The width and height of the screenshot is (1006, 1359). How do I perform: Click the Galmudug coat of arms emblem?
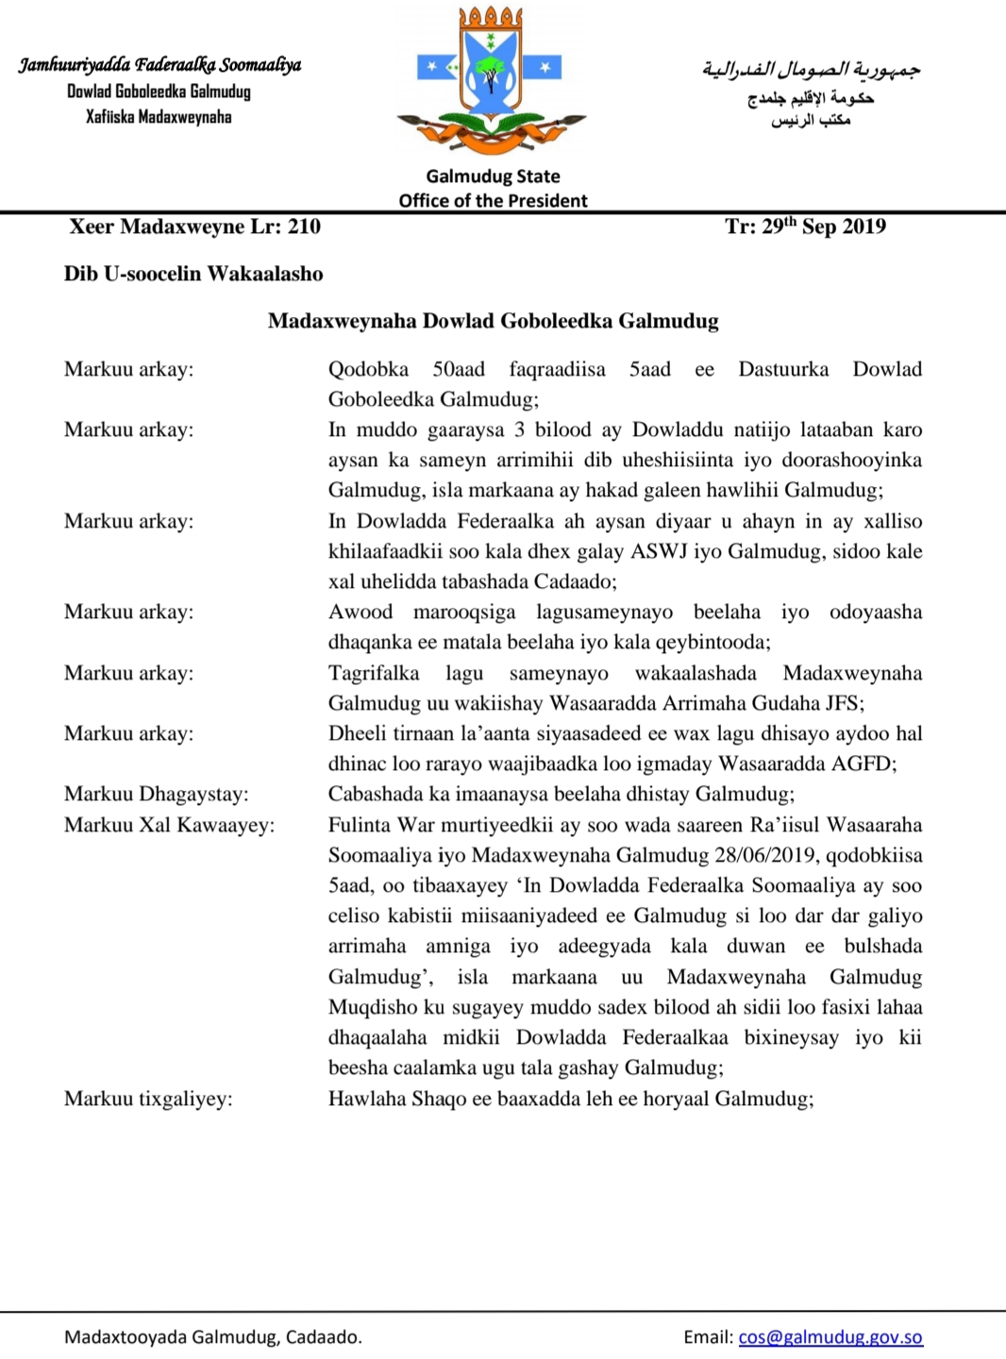point(491,80)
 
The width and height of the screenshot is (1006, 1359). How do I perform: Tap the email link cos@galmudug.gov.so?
point(830,1336)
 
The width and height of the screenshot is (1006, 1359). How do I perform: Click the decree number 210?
point(304,226)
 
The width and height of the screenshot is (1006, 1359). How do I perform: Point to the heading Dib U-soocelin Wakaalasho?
point(193,274)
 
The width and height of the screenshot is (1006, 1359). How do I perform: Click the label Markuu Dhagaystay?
point(156,794)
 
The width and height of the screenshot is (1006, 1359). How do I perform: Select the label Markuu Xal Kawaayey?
point(169,825)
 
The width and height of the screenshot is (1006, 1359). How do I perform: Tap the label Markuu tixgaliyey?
point(148,1099)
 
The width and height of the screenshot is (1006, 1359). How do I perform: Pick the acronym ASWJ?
point(660,551)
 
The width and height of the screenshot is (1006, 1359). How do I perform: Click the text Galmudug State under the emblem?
point(493,176)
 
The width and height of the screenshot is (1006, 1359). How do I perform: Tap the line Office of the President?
point(493,200)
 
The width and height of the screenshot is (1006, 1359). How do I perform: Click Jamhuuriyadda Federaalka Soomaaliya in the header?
point(159,65)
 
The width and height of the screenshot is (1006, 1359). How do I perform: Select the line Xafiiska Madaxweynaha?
point(159,117)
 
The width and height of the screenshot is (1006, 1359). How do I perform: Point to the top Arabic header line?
point(811,69)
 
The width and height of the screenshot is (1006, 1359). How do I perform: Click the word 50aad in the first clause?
point(459,369)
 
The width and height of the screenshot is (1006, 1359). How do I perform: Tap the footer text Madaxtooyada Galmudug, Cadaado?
point(212,1336)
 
